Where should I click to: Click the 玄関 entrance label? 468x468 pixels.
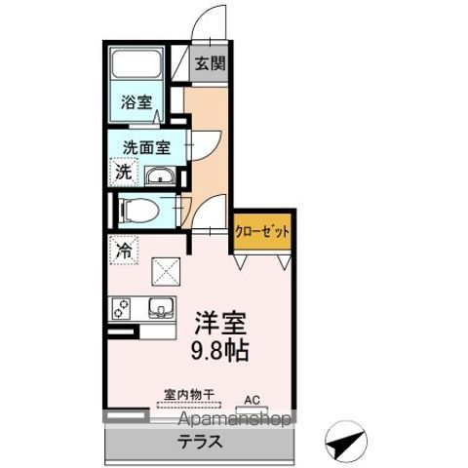(209, 64)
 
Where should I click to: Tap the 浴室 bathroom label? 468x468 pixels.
(136, 100)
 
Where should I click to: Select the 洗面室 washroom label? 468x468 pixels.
(145, 148)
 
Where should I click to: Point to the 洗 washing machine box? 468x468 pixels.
(125, 173)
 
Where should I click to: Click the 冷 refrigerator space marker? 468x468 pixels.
(124, 251)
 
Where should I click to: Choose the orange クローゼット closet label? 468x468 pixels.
(262, 232)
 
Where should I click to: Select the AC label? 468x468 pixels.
(252, 398)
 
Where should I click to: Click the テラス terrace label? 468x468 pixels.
(199, 441)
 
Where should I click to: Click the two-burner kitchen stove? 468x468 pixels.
(124, 311)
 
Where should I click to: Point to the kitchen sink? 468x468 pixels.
(160, 310)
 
